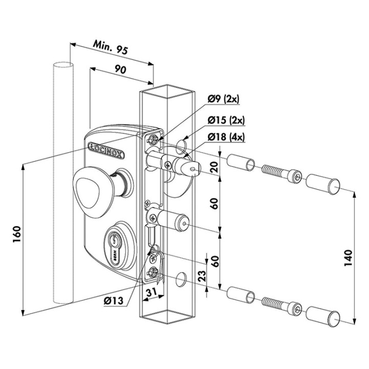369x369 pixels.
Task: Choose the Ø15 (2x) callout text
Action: [227, 121]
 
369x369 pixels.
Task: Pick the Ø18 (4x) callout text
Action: [227, 137]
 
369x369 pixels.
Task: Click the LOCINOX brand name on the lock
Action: [109, 145]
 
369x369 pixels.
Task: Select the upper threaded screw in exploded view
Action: [279, 172]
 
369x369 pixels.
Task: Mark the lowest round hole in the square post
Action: [181, 279]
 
